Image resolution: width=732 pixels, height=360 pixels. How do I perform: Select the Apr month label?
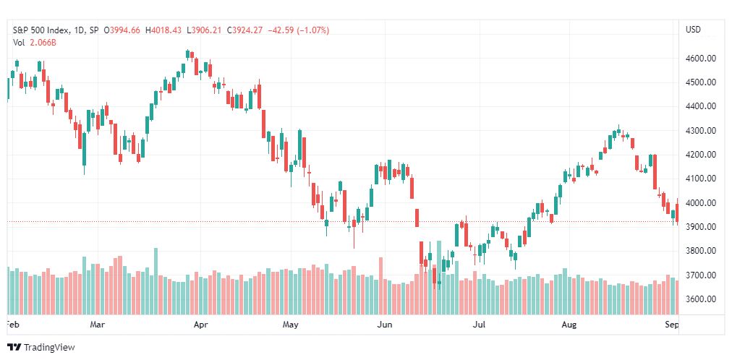201,325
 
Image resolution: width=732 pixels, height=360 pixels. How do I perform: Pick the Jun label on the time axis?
385,325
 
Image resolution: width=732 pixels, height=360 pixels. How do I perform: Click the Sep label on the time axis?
672,325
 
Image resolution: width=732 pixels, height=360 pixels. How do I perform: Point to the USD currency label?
693,30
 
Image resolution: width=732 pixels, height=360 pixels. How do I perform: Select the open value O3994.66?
123,30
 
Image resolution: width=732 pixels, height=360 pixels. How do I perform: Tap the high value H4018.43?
164,30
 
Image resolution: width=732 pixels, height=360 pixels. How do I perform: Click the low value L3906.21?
205,30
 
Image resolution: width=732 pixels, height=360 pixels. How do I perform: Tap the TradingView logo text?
48,347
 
